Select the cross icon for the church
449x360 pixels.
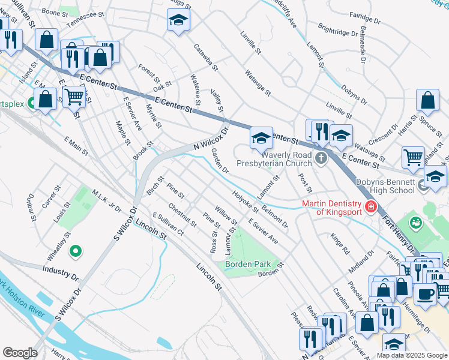click(x=321, y=158)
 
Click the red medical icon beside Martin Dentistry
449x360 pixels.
click(x=370, y=208)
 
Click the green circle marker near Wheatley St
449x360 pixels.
click(x=76, y=251)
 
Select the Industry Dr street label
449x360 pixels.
click(x=60, y=274)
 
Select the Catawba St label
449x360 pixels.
click(x=204, y=56)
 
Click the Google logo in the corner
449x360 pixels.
click(x=20, y=353)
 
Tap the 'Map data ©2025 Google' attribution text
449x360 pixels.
click(x=411, y=355)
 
